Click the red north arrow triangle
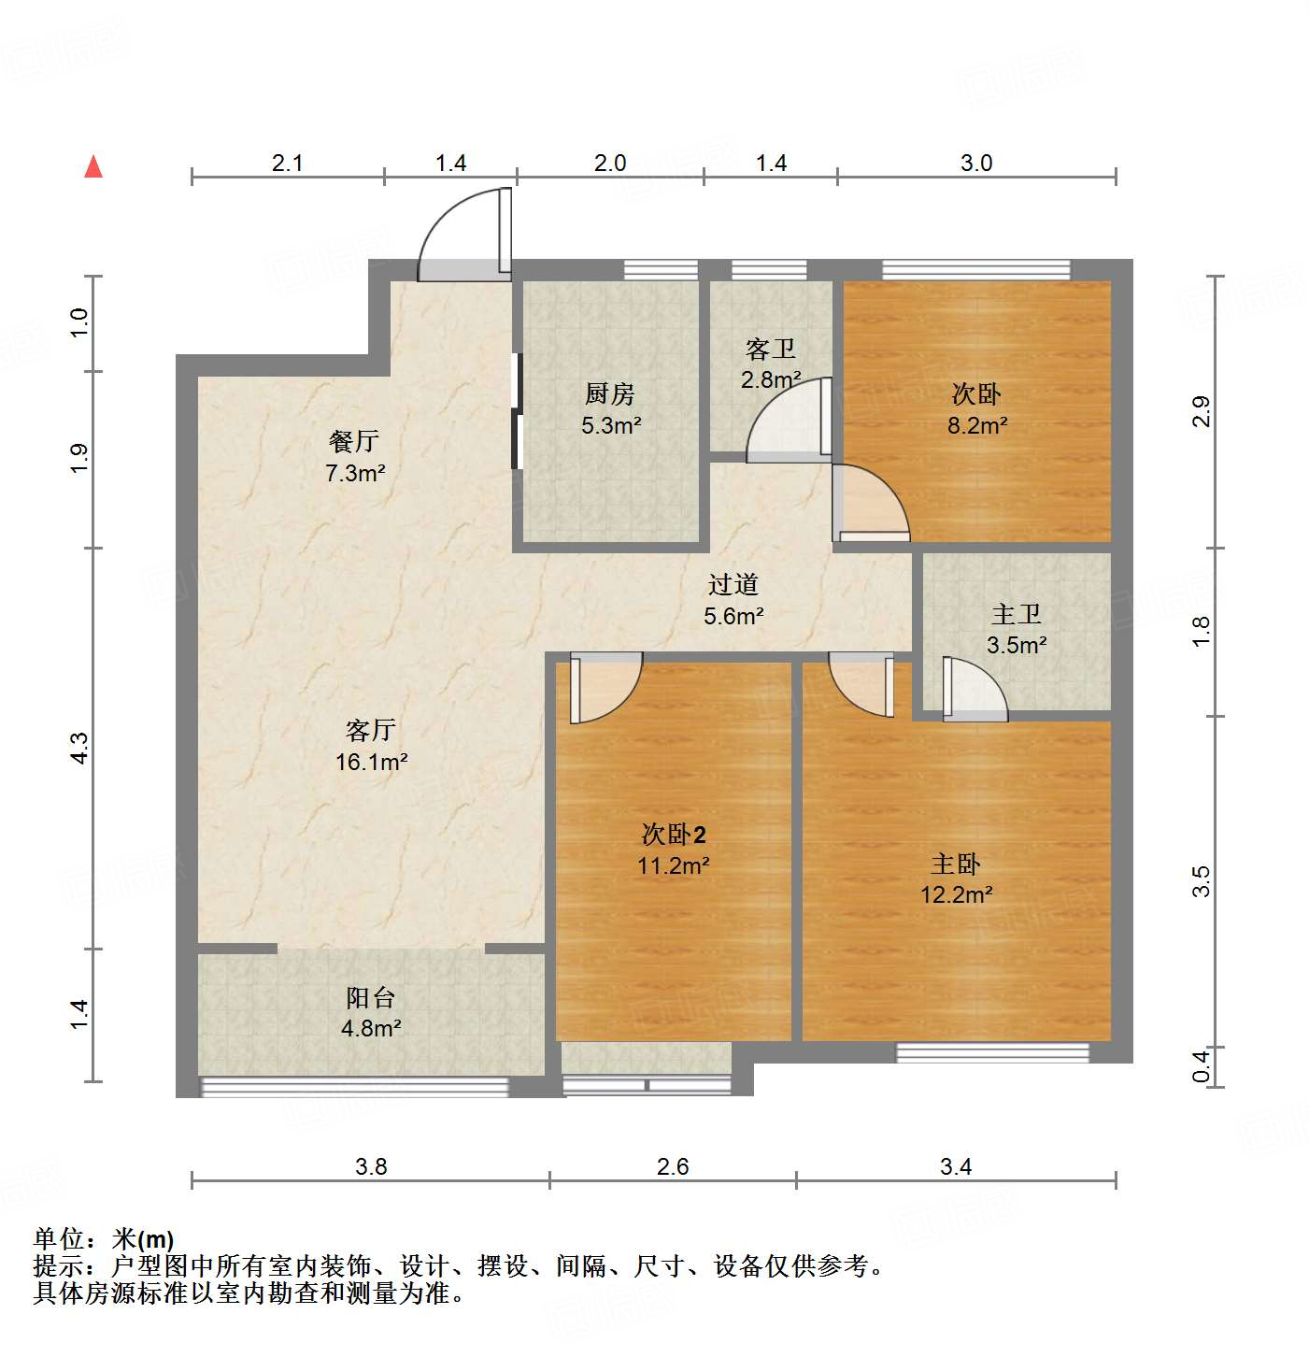tap(93, 167)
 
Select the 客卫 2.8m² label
tap(770, 364)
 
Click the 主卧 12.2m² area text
tap(956, 879)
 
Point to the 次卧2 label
tap(673, 835)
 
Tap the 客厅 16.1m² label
tap(371, 746)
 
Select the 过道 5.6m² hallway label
tap(733, 600)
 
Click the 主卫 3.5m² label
tap(1017, 629)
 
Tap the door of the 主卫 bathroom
tap(974, 692)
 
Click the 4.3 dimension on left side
tap(80, 748)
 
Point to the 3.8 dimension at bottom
tap(371, 1166)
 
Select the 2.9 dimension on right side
tap(1202, 411)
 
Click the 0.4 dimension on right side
tap(1202, 1066)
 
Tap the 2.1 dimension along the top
tap(287, 163)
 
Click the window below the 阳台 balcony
tap(355, 1087)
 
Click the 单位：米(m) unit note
tap(104, 1239)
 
